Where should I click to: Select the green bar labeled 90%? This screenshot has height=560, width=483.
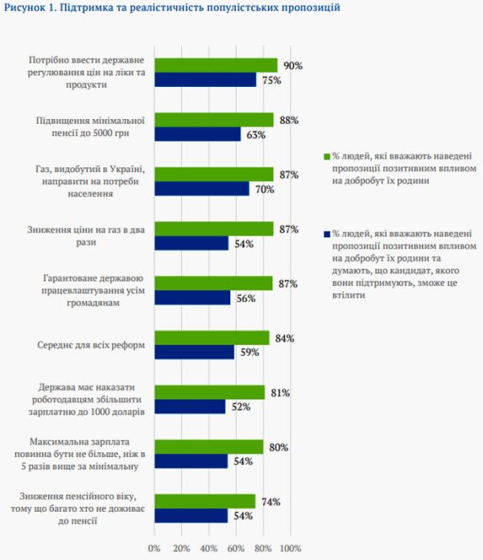pyautogui.click(x=216, y=65)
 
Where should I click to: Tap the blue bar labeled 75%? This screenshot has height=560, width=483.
pyautogui.click(x=205, y=80)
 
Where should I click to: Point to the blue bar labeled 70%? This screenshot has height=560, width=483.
pyautogui.click(x=202, y=188)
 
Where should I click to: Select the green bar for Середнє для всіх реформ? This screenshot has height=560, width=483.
pyautogui.click(x=212, y=338)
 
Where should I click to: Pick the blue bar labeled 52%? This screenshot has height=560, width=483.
pyautogui.click(x=190, y=407)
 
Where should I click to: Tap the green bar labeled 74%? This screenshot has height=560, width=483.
pyautogui.click(x=204, y=501)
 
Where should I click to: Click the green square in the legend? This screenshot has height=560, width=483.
pyautogui.click(x=325, y=156)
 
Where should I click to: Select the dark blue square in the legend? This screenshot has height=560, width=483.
pyautogui.click(x=325, y=234)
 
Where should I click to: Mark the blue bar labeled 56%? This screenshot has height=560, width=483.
pyautogui.click(x=192, y=298)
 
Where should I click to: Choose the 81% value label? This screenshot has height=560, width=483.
pyautogui.click(x=280, y=393)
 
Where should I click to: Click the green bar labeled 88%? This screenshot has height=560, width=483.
pyautogui.click(x=214, y=120)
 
